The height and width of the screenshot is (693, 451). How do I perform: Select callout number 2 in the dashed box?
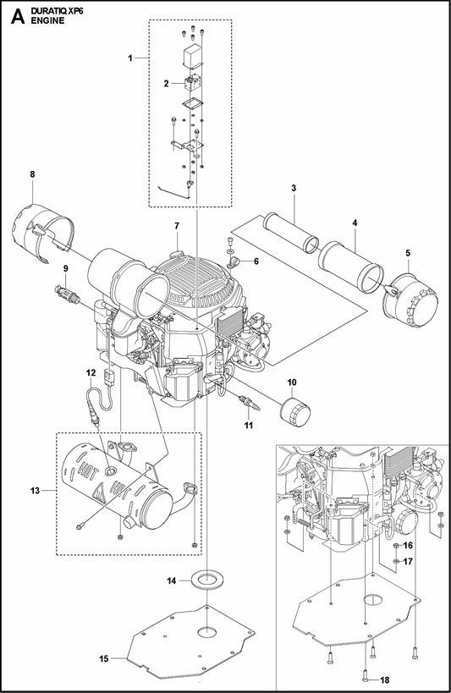pos(168,83)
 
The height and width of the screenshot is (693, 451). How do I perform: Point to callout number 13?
pos(35,490)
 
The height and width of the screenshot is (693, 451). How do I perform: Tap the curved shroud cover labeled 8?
pos(41,228)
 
